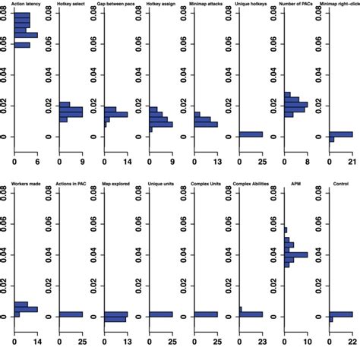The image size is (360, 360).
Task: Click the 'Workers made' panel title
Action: click(26, 184)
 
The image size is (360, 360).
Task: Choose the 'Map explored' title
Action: click(115, 184)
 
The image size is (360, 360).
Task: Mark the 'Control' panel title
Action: click(341, 184)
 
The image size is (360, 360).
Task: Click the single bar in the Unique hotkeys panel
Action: click(251, 134)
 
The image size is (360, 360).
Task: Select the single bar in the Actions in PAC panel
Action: click(71, 314)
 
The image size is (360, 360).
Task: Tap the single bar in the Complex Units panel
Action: click(206, 314)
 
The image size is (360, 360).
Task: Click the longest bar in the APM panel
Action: click(296, 254)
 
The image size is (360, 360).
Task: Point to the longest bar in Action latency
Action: click(26, 35)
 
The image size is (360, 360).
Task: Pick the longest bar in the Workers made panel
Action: click(26, 309)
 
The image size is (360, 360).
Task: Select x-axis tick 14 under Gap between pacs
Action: click(128, 161)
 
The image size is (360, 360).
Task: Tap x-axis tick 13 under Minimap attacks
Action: click(217, 161)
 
